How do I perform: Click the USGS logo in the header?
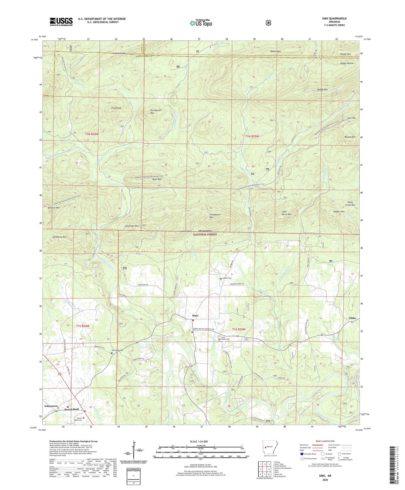point(61,22)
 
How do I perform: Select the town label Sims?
point(195,315)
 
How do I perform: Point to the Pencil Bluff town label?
point(72,409)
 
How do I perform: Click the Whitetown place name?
point(51,406)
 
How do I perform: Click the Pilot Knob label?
point(116,108)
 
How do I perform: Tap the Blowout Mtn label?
point(53,208)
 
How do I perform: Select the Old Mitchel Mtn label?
point(156,112)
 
